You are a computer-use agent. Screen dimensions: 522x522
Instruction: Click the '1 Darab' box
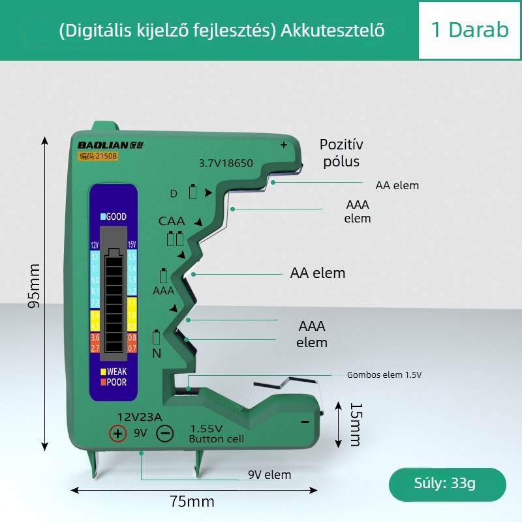469,30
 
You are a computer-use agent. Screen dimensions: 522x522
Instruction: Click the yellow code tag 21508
97,157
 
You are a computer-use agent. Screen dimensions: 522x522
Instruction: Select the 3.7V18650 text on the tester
225,164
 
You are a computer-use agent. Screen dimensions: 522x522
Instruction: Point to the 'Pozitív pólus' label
341,153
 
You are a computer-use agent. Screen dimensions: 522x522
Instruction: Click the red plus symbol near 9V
117,433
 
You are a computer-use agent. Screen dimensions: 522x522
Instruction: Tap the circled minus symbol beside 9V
165,433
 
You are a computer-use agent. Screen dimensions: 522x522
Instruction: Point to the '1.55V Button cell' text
216,434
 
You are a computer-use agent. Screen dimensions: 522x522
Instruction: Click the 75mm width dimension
192,502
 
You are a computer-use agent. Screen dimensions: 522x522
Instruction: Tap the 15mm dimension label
354,424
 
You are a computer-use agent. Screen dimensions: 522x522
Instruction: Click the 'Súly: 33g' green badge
447,484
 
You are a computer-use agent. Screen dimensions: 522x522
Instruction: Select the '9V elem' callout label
269,474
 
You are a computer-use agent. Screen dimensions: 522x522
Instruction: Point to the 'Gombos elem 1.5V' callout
384,375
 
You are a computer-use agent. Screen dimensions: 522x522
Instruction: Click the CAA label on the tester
172,221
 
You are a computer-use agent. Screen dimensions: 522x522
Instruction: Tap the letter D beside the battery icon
174,194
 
